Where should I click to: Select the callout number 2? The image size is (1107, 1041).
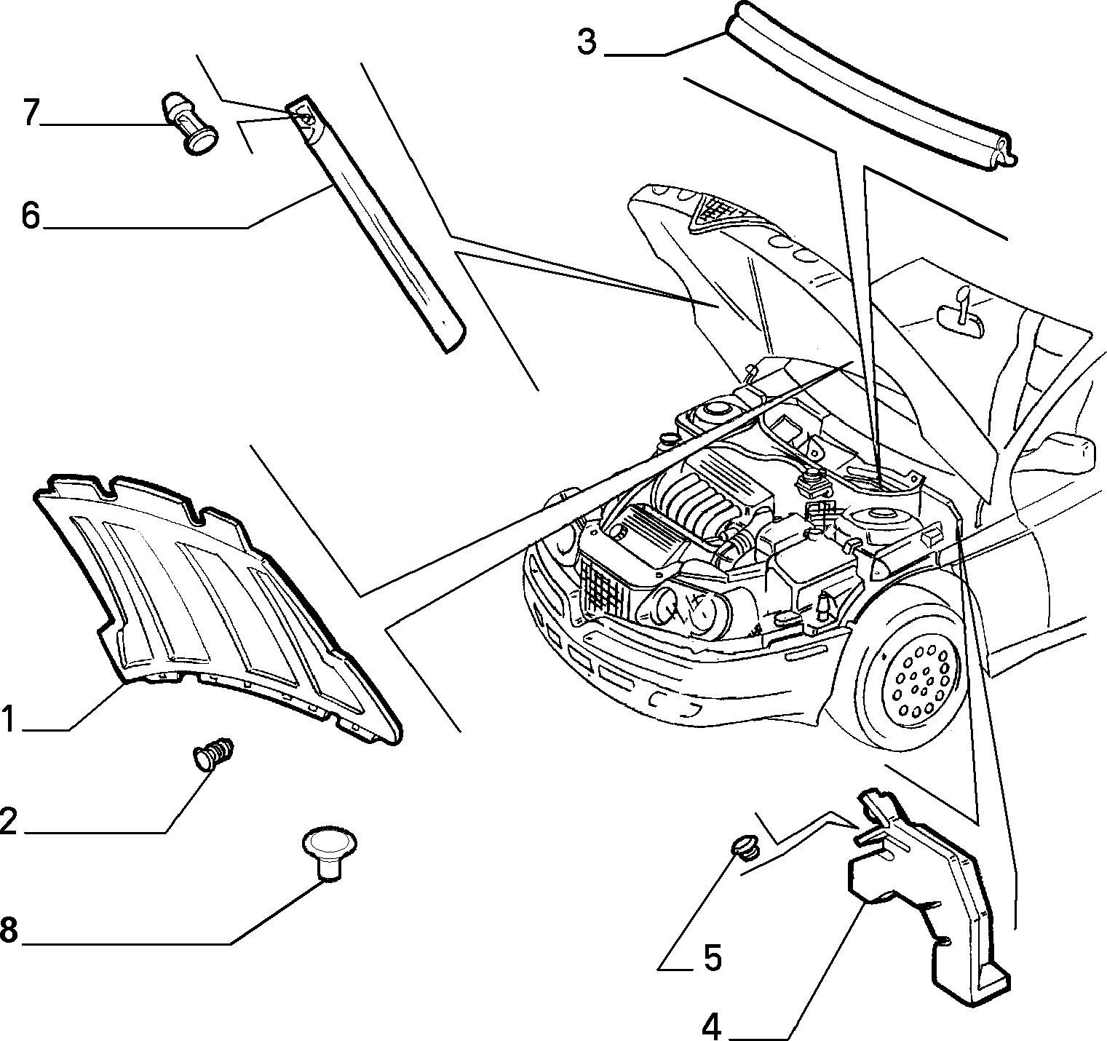point(8,821)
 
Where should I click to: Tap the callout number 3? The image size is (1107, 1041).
point(587,42)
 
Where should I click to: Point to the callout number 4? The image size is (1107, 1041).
point(712,1026)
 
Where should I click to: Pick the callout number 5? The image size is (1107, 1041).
point(713,958)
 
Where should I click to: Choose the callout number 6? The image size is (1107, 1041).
point(30,216)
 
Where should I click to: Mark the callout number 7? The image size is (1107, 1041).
point(30,114)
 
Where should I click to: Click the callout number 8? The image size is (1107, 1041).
point(8,930)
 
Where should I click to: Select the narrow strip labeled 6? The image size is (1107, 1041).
point(378,222)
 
